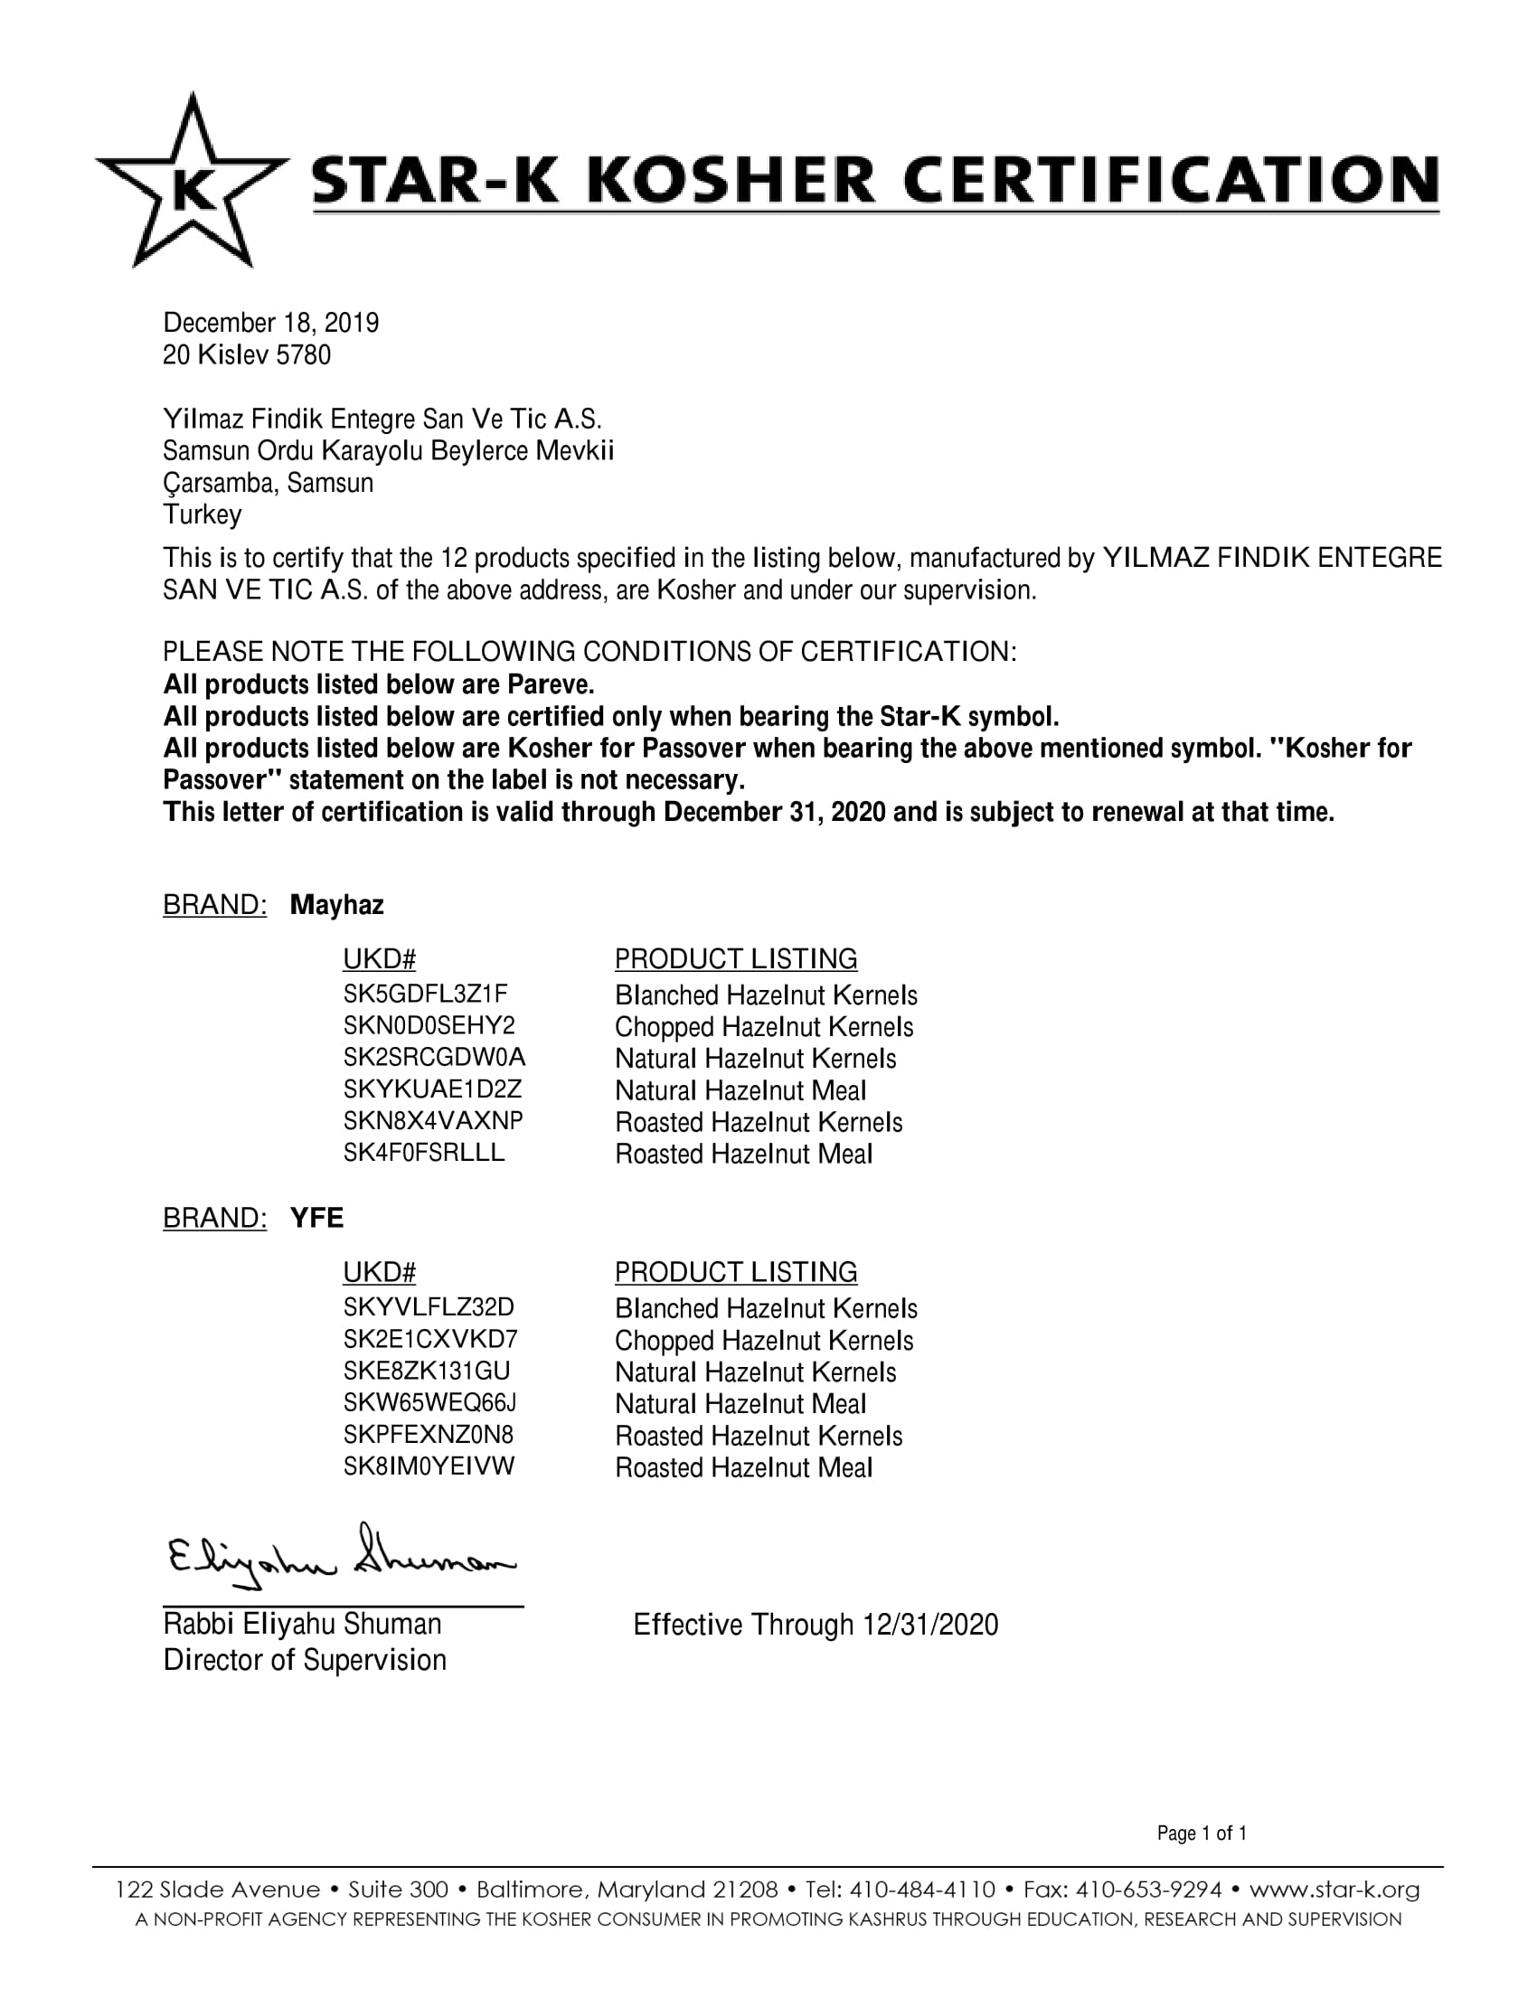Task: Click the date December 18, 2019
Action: click(270, 324)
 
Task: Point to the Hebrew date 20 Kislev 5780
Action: click(246, 355)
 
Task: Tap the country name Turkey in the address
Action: click(203, 514)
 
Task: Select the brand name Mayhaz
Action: click(337, 905)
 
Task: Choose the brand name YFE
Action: click(316, 1219)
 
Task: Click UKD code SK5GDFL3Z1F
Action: click(425, 994)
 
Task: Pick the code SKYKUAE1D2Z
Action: click(432, 1089)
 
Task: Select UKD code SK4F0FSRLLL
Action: click(423, 1153)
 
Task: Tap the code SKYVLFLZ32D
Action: click(428, 1308)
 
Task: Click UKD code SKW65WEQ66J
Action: click(429, 1402)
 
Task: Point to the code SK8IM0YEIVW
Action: click(428, 1466)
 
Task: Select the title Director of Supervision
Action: click(304, 1660)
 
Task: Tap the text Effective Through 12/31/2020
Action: click(815, 1625)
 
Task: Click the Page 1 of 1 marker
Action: click(1201, 1833)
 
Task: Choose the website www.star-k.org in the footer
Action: click(1334, 1890)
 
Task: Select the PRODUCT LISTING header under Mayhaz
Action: click(736, 959)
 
